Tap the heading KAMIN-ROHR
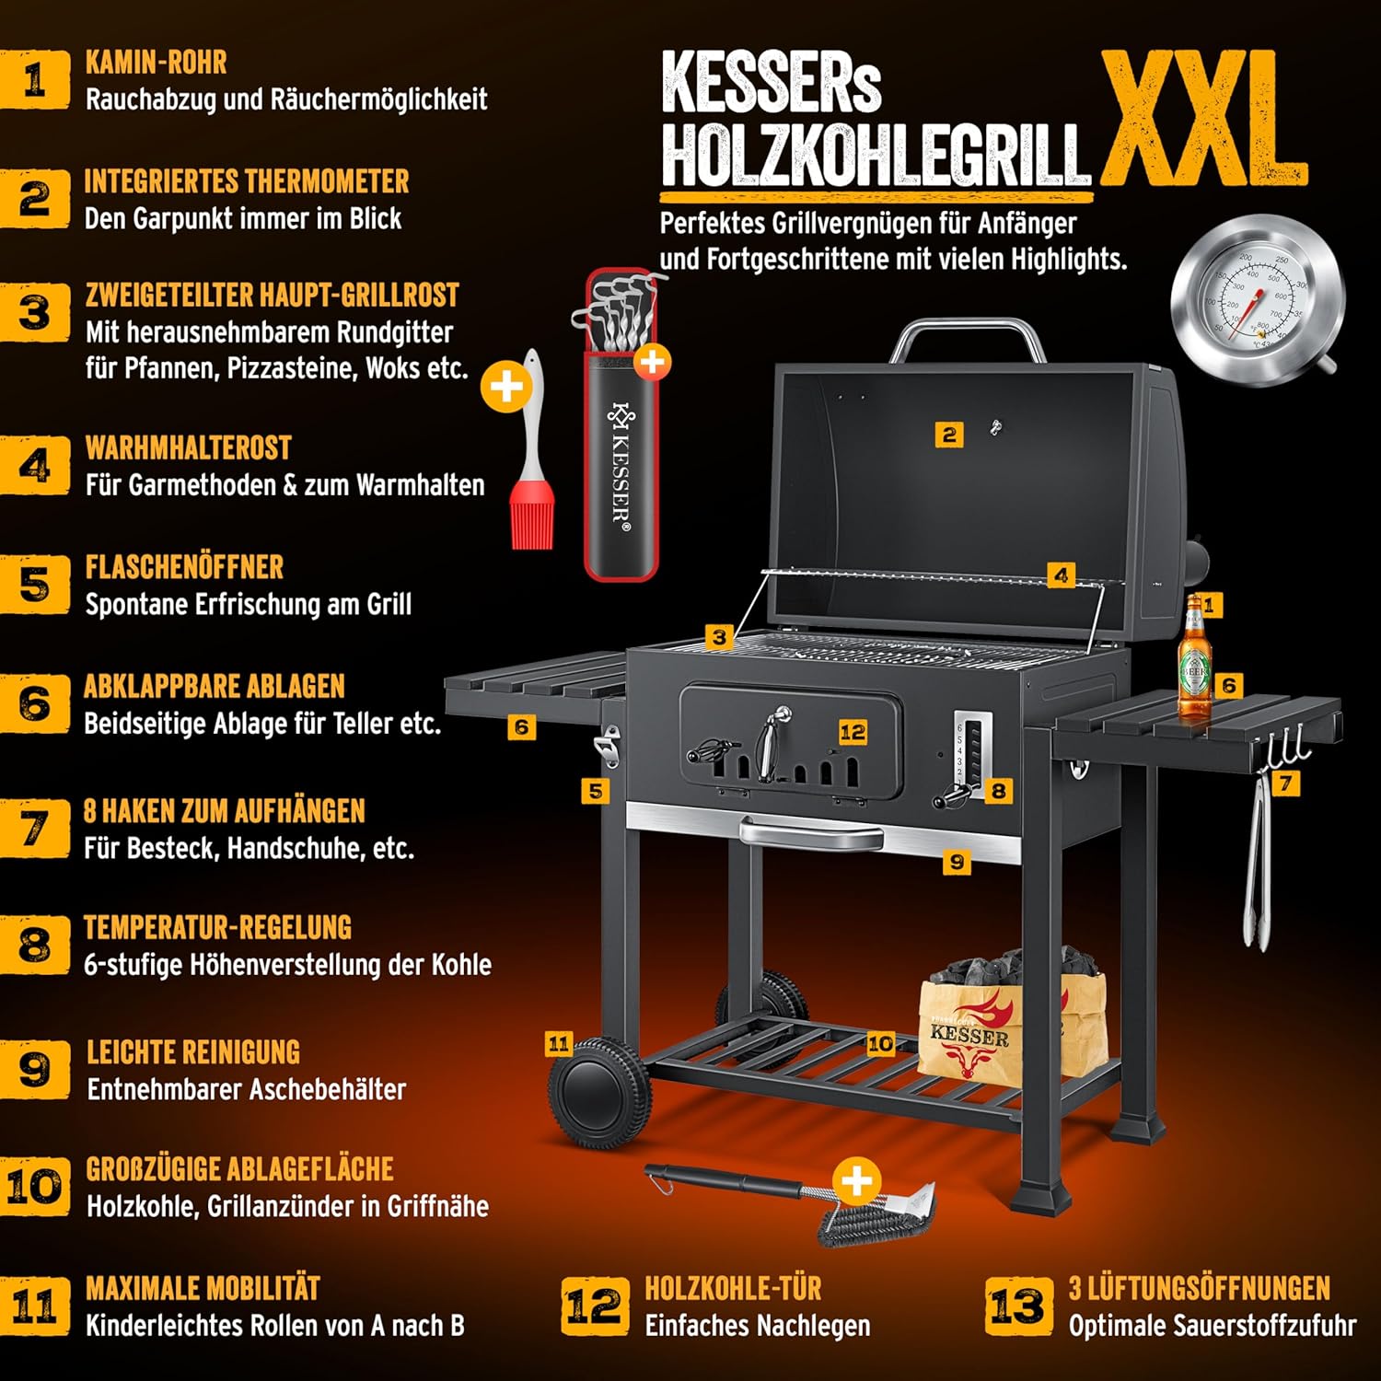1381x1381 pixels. click(156, 63)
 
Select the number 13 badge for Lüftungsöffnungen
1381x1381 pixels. click(1018, 1306)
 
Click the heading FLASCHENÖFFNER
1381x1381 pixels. click(184, 567)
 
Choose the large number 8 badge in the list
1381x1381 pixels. click(35, 945)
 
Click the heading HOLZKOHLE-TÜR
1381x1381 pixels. click(733, 1288)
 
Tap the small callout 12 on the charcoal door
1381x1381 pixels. click(853, 732)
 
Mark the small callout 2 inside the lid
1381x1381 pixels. click(949, 435)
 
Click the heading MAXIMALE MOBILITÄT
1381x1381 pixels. click(203, 1288)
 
